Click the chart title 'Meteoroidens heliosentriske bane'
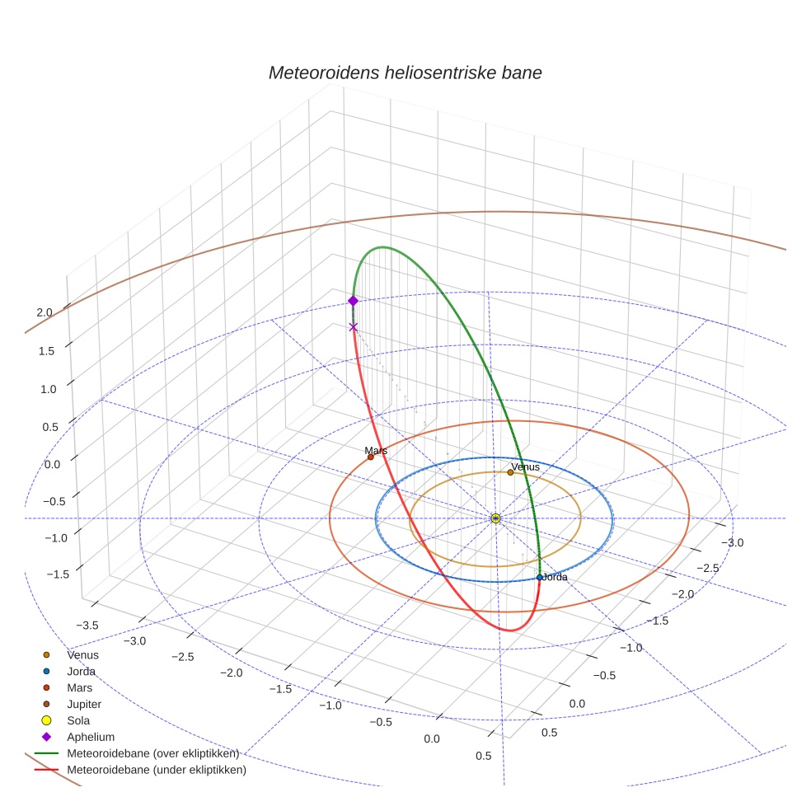click(x=405, y=73)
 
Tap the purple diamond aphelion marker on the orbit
click(x=354, y=301)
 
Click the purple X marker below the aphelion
click(x=354, y=327)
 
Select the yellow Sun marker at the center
click(x=495, y=518)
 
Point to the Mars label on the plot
click(x=376, y=451)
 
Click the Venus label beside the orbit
click(x=525, y=467)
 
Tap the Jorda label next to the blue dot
click(x=556, y=578)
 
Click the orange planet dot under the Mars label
click(x=371, y=457)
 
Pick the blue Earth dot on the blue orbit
click(x=540, y=577)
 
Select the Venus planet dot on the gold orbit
click(x=511, y=472)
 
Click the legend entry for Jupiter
click(x=84, y=704)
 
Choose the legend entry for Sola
click(x=79, y=720)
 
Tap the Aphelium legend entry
click(x=91, y=737)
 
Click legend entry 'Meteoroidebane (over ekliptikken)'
click(x=152, y=753)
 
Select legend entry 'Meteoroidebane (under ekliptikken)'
click(x=157, y=770)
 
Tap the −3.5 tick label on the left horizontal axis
click(x=87, y=626)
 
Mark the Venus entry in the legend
click(x=82, y=654)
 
